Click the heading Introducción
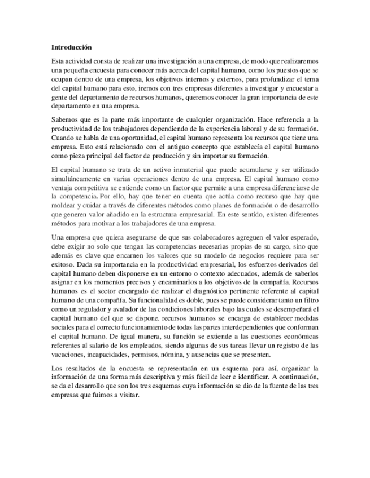(71, 47)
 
